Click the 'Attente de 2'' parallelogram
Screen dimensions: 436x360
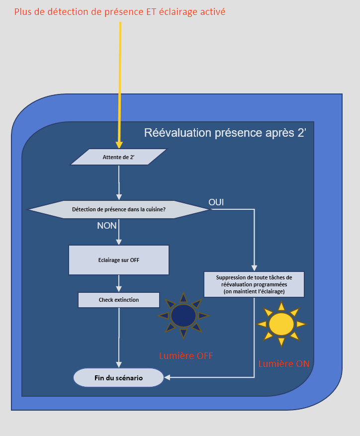(x=119, y=157)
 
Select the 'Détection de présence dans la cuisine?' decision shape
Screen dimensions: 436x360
(x=119, y=209)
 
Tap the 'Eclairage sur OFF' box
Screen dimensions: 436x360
(x=119, y=260)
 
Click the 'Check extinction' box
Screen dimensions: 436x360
(x=119, y=300)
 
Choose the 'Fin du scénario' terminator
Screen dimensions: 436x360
(x=118, y=378)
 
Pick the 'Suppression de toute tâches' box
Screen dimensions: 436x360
(x=254, y=284)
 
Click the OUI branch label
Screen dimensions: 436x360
(x=216, y=202)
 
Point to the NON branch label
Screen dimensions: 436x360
(x=107, y=226)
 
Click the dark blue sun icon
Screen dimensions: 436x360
(x=183, y=315)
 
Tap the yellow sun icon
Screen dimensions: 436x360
(x=281, y=324)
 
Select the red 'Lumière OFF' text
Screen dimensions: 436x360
(x=186, y=356)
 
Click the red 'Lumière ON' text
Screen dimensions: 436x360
(x=283, y=364)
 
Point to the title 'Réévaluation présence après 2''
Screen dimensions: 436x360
(x=225, y=133)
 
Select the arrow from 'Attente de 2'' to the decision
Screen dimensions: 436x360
(x=119, y=182)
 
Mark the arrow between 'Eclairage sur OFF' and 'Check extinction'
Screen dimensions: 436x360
(x=119, y=283)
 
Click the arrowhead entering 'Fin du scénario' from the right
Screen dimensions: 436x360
(x=167, y=378)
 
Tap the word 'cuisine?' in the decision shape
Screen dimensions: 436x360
(x=154, y=209)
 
